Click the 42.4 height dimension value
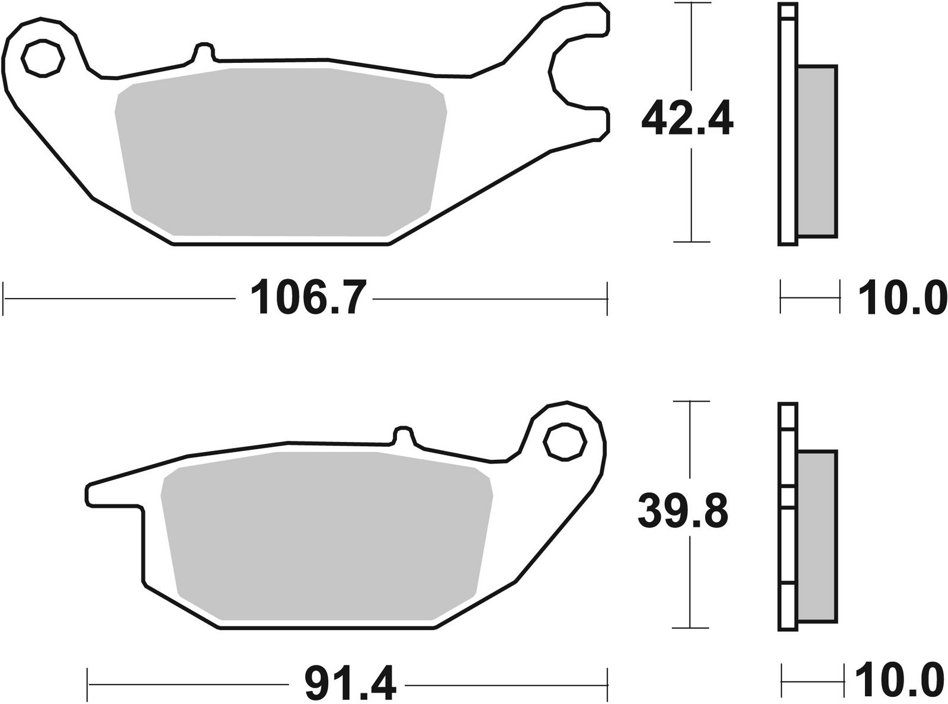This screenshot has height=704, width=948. (687, 122)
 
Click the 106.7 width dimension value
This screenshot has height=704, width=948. (305, 299)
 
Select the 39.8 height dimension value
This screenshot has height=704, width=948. (683, 513)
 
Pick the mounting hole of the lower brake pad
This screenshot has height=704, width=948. (564, 441)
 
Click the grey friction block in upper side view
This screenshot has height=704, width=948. (817, 151)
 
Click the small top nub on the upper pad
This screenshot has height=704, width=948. (204, 51)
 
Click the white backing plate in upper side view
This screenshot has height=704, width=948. (787, 124)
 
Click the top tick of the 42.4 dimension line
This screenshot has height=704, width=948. (691, 4)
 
